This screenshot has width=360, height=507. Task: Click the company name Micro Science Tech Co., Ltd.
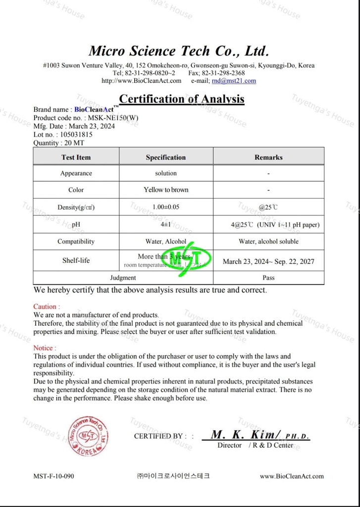[179, 51]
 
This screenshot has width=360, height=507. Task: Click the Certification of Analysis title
[182, 99]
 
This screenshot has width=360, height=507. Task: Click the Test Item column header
[76, 157]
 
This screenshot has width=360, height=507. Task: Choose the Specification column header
[165, 157]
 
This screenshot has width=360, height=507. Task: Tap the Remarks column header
[268, 157]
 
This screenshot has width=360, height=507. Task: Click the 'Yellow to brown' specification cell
[166, 190]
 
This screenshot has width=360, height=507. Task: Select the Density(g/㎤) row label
[76, 207]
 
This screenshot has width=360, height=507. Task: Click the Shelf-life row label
[76, 260]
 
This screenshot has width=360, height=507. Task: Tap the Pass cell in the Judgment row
[268, 278]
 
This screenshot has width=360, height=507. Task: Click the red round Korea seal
[88, 436]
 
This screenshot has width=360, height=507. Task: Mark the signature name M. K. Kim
[245, 435]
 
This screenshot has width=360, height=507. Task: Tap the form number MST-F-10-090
[53, 476]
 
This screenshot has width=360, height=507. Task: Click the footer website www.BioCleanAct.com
[292, 476]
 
